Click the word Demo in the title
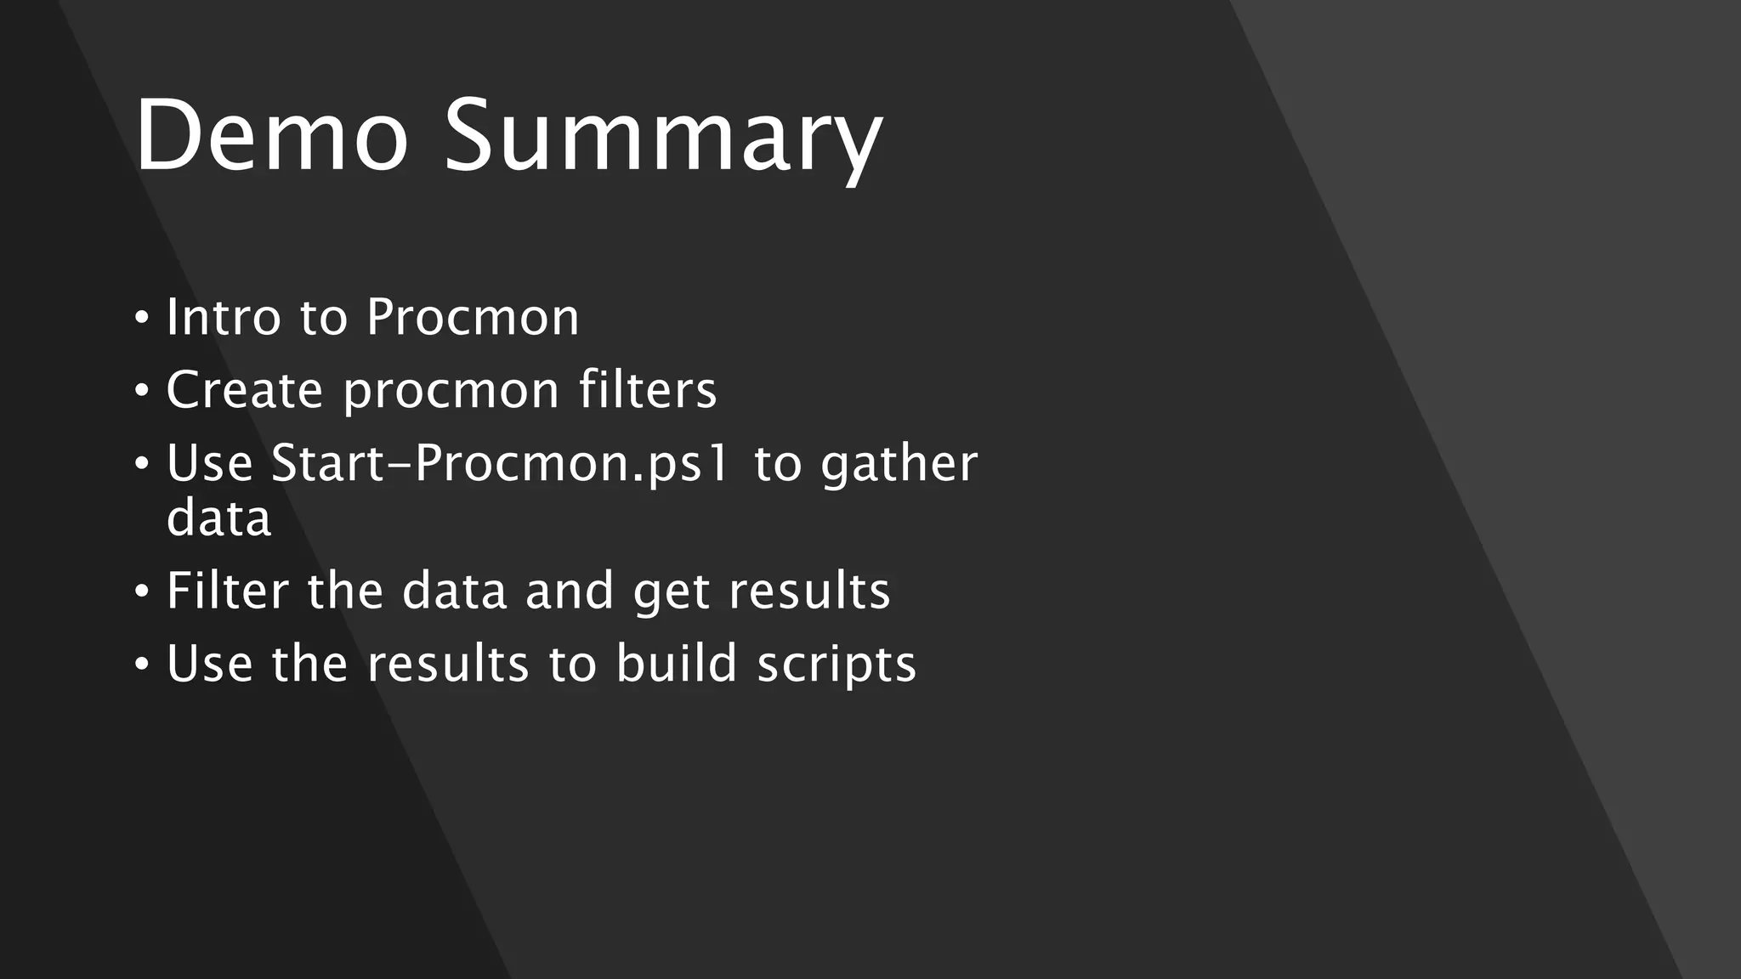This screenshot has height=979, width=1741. pos(270,136)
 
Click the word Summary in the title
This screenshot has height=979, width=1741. pos(663,140)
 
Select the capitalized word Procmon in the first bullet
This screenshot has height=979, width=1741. pos(473,317)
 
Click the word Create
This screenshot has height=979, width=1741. pos(244,390)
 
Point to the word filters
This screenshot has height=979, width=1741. pos(648,390)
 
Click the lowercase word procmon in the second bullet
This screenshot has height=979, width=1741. pos(451,393)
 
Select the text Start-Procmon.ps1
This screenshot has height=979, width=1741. pos(500,464)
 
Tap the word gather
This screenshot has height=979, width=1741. pos(899,466)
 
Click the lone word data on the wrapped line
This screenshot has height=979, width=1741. pos(218,518)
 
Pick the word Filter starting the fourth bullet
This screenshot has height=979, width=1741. pos(227,591)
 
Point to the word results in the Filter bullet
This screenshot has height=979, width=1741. pos(809,591)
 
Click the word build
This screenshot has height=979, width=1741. pos(676,664)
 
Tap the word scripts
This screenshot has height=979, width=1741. pos(836,665)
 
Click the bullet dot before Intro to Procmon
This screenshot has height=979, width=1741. pos(142,319)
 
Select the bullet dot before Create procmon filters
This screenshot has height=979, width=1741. pos(142,392)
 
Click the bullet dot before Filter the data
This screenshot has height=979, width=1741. pos(142,591)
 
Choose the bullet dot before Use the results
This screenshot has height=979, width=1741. pos(142,665)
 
